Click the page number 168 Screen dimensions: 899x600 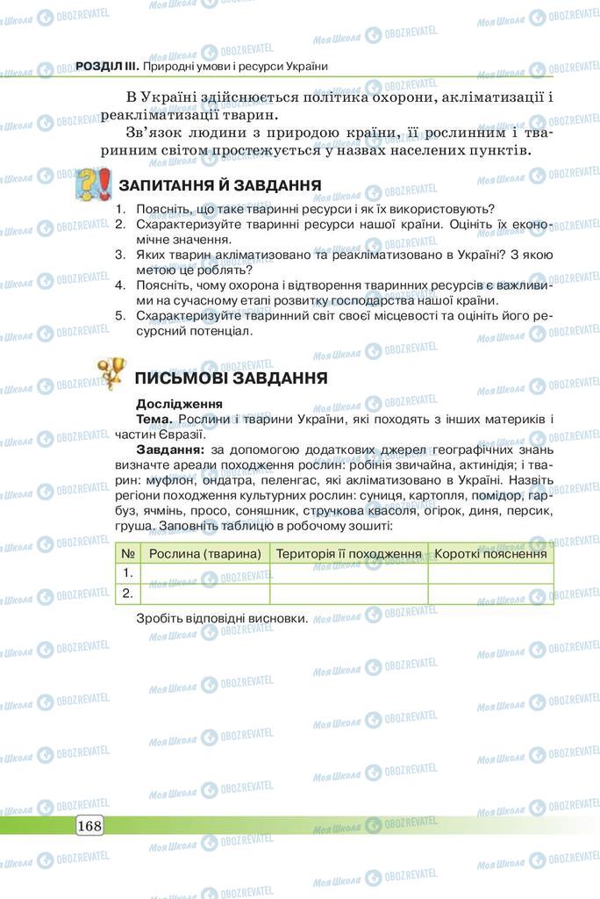(89, 825)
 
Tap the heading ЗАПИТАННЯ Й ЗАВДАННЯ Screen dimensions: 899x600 (219, 185)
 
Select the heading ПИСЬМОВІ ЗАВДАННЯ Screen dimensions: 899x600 (232, 378)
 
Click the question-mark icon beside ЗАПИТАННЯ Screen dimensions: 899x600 (92, 185)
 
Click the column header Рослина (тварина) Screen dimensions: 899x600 (205, 553)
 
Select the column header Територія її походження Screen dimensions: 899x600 (349, 553)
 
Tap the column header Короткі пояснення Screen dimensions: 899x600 (490, 553)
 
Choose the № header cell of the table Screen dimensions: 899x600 (128, 553)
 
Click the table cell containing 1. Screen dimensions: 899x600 (128, 572)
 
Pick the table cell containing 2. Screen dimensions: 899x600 (128, 593)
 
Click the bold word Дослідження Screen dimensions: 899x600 (179, 404)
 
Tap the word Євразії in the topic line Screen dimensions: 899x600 (182, 434)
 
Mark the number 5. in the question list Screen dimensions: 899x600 (121, 316)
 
